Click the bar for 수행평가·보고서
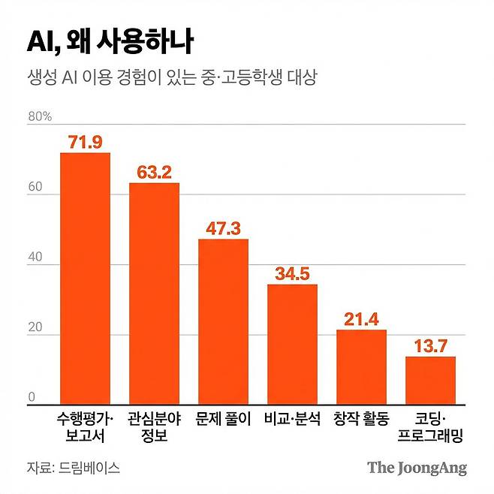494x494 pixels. [85, 279]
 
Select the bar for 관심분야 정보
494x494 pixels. [154, 294]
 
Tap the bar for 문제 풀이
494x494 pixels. [223, 322]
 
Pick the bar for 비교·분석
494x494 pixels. [292, 345]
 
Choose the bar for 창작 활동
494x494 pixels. [361, 367]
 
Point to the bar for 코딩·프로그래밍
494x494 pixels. [430, 381]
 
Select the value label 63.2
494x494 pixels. [154, 173]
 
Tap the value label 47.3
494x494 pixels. [223, 229]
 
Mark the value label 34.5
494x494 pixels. [292, 274]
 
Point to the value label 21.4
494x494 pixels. [361, 320]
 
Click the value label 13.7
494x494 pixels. [430, 346]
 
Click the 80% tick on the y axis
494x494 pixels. [39, 117]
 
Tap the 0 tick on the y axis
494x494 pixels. [32, 396]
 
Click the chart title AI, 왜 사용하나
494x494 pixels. [110, 41]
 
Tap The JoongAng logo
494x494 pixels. [417, 468]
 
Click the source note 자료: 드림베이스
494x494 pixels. [73, 467]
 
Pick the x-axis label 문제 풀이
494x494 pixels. [223, 418]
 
